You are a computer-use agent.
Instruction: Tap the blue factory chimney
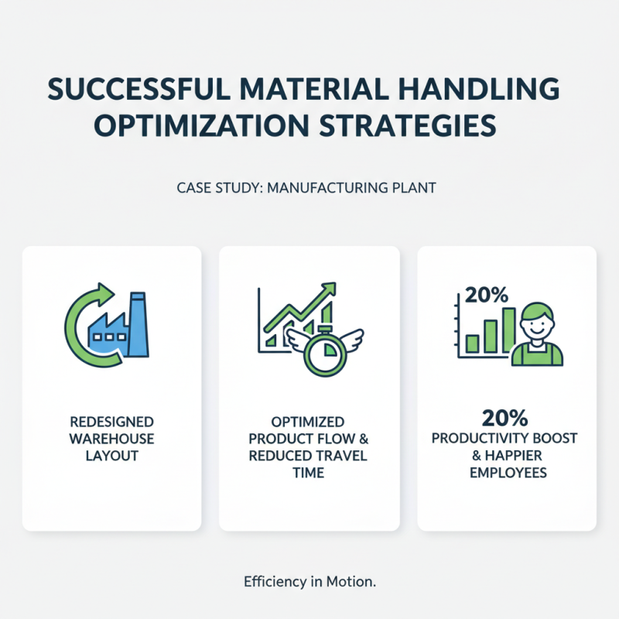139,326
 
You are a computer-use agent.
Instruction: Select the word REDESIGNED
111,422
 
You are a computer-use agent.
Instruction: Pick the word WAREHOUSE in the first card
111,439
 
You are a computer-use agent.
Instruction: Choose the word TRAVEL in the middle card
340,456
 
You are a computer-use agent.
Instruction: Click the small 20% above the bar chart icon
487,295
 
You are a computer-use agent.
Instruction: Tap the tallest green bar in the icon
508,328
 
